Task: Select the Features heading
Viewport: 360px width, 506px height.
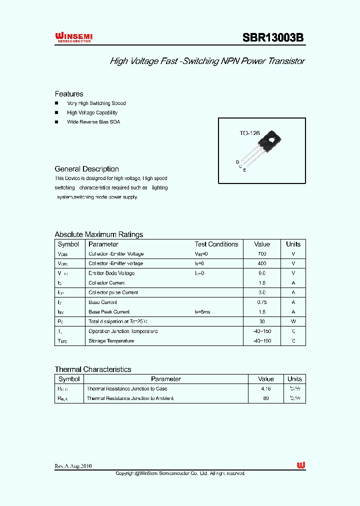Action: pyautogui.click(x=69, y=94)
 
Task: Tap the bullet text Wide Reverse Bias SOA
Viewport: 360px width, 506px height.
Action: pyautogui.click(x=93, y=122)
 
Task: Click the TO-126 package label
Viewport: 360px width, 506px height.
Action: pyautogui.click(x=249, y=133)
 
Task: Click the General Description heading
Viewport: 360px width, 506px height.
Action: pyautogui.click(x=86, y=169)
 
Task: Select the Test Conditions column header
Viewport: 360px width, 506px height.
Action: pyautogui.click(x=216, y=244)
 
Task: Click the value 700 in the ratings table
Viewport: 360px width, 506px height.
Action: pyautogui.click(x=262, y=254)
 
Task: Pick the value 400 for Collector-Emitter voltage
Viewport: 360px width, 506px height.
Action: pyautogui.click(x=262, y=263)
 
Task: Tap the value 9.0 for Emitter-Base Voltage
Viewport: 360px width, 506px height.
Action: pyautogui.click(x=262, y=273)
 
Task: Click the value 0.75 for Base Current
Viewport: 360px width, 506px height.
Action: pyautogui.click(x=262, y=302)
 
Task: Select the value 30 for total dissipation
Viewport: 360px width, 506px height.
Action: pyautogui.click(x=262, y=321)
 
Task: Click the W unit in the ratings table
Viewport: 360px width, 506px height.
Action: pyautogui.click(x=293, y=321)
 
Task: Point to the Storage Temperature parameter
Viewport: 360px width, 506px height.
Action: pyautogui.click(x=111, y=341)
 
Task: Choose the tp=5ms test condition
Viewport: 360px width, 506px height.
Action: pyautogui.click(x=202, y=312)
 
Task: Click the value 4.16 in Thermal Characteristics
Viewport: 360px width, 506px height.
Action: pyautogui.click(x=266, y=388)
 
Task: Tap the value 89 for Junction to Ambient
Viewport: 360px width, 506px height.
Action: pyautogui.click(x=266, y=398)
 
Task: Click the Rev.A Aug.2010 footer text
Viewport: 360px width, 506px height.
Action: pyautogui.click(x=73, y=466)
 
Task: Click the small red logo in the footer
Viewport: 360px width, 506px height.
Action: pyautogui.click(x=300, y=465)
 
